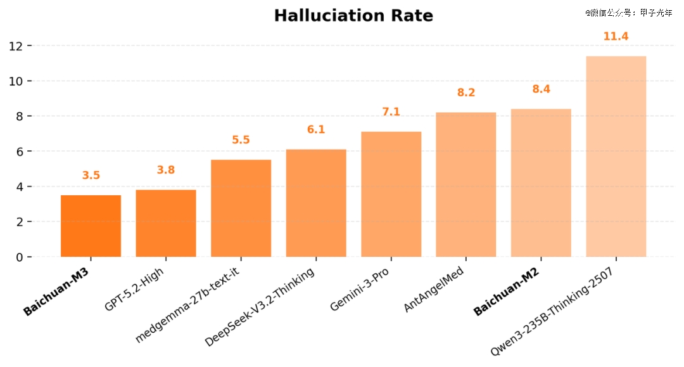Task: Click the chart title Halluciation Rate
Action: (x=353, y=16)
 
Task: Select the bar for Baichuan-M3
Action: (x=91, y=226)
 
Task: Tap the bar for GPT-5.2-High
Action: (x=166, y=223)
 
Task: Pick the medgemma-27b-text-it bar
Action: (x=241, y=209)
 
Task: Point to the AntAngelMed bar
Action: (x=466, y=184)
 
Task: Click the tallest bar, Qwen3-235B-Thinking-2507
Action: (x=616, y=157)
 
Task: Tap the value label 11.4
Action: (x=616, y=37)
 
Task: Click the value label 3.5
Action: (x=91, y=176)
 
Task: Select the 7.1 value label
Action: (x=391, y=112)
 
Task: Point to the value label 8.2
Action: (x=466, y=93)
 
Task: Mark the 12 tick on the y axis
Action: (x=16, y=46)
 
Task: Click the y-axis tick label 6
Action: (x=20, y=151)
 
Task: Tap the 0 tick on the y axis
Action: (x=20, y=257)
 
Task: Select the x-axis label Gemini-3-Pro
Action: (x=360, y=290)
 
